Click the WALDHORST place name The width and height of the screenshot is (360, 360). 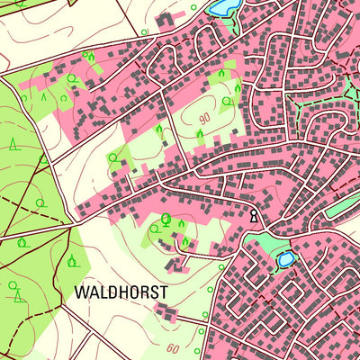[x=121, y=292]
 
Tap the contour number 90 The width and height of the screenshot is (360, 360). [x=204, y=118]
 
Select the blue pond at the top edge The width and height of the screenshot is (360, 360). [x=220, y=8]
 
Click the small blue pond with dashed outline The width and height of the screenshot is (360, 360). [x=285, y=260]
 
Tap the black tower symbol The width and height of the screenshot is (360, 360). [x=255, y=216]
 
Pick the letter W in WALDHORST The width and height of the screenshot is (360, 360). [x=82, y=292]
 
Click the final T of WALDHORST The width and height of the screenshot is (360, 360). [x=164, y=292]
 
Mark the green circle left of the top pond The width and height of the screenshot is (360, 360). [x=193, y=7]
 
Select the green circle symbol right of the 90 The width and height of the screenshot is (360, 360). [x=226, y=102]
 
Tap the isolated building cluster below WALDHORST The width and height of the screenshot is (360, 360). [x=166, y=311]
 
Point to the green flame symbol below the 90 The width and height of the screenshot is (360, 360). [x=200, y=135]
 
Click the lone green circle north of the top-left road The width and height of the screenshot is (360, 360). [x=144, y=32]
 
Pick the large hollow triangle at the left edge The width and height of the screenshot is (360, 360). [x=13, y=144]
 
